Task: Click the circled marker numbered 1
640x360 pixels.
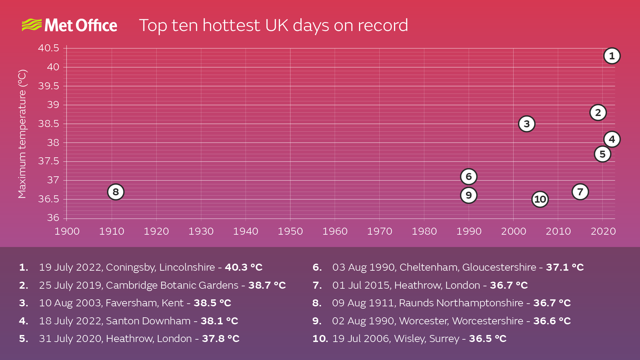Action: [x=612, y=56]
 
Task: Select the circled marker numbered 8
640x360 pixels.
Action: [x=116, y=192]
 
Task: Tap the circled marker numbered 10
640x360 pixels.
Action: [x=540, y=199]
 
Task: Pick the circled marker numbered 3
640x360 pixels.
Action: [x=527, y=124]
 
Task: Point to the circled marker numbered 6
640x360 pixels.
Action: [x=469, y=177]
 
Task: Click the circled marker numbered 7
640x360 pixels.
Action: [x=580, y=192]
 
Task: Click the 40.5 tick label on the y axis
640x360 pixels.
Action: [x=48, y=48]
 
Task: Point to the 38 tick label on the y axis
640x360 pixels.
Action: [x=53, y=143]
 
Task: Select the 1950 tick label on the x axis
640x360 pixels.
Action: [x=290, y=231]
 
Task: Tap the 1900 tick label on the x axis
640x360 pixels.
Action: [x=67, y=231]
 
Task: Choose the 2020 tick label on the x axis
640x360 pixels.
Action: [x=603, y=231]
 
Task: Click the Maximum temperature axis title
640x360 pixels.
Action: [x=22, y=134]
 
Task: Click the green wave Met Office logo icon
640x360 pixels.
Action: [x=32, y=25]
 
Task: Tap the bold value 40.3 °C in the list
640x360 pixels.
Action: [x=244, y=267]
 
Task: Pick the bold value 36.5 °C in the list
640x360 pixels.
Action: [x=488, y=339]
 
